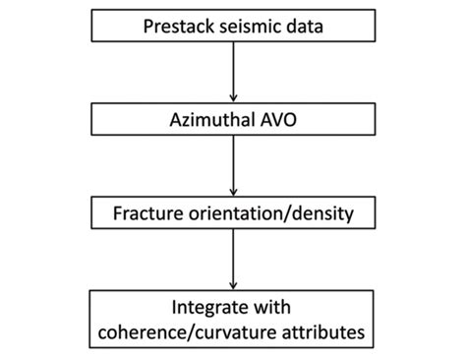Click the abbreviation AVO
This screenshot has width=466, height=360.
[x=276, y=120]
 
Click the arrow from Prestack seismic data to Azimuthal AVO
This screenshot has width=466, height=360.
[x=232, y=69]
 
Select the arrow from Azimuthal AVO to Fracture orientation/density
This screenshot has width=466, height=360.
[x=232, y=165]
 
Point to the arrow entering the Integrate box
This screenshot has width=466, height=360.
[x=232, y=261]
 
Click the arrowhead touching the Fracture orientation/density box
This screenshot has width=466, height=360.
[x=232, y=193]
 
